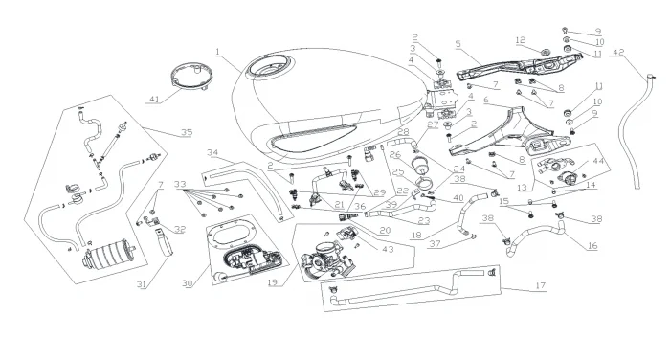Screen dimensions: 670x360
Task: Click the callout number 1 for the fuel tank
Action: (217, 52)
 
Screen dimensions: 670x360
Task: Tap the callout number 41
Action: (154, 100)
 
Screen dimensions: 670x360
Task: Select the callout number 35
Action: (187, 132)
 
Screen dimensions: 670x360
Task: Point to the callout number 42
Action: (618, 52)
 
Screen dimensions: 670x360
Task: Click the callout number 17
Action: (541, 285)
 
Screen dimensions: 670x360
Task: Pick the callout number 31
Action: (142, 284)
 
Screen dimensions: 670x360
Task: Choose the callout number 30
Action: (188, 283)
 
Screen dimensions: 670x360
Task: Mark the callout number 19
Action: (273, 282)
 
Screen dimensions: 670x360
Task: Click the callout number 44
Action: (598, 161)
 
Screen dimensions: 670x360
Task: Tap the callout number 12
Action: (520, 40)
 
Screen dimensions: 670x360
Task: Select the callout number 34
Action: (212, 152)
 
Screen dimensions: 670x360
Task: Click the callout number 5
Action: (458, 44)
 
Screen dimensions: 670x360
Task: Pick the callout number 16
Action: (592, 245)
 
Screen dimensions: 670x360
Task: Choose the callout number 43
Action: (387, 249)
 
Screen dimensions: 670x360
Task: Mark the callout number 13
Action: (522, 188)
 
